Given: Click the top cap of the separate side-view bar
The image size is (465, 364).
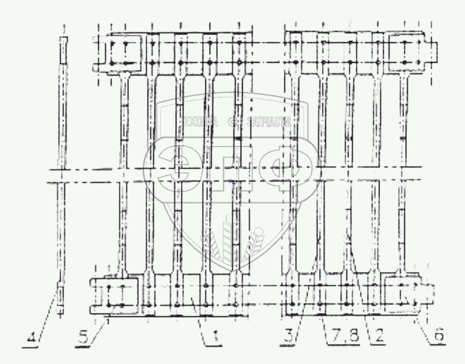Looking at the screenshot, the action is tap(64, 40).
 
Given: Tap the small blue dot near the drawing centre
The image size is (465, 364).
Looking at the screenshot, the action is tap(233, 183).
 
